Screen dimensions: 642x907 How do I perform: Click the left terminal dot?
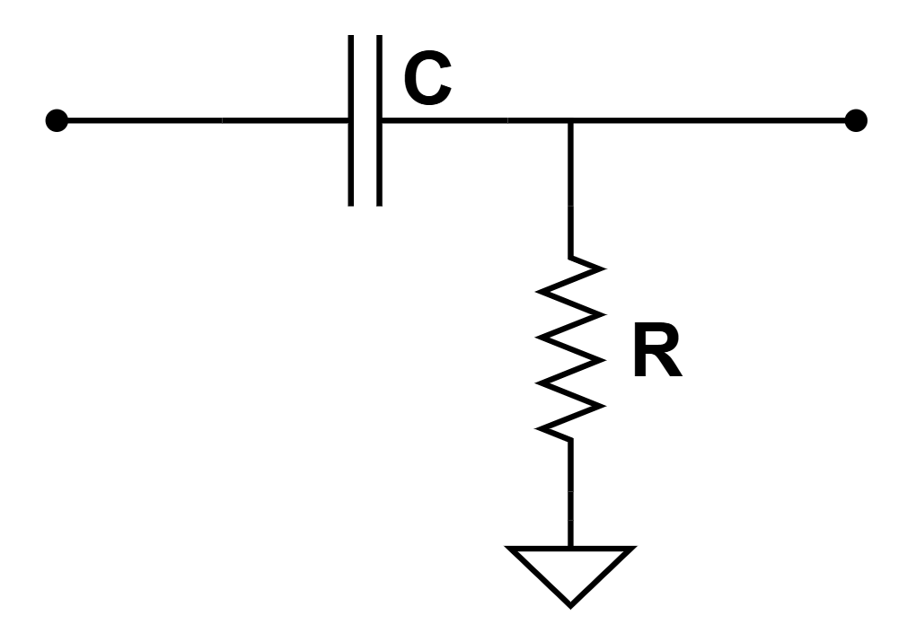(57, 119)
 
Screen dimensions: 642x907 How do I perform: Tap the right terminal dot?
(856, 119)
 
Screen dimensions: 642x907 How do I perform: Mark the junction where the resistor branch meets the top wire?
(570, 119)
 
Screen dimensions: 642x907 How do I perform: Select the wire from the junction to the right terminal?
(709, 119)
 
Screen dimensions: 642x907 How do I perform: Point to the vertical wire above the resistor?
(570, 189)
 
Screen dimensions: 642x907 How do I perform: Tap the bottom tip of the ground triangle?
(570, 603)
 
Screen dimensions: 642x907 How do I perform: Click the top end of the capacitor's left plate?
(352, 38)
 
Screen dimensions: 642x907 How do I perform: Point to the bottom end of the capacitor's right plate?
(379, 203)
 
